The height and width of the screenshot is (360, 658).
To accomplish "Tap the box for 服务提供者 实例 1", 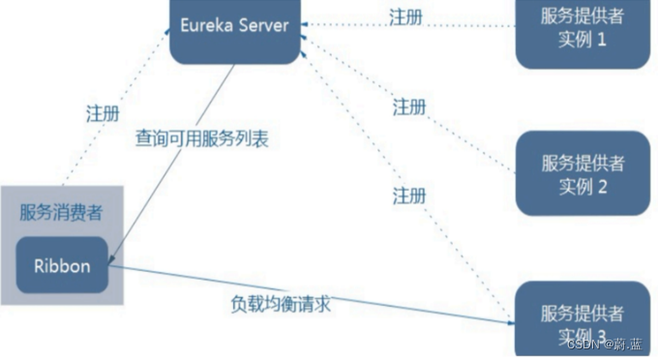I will coord(582,31).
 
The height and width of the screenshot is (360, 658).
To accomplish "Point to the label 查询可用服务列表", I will coord(201,138).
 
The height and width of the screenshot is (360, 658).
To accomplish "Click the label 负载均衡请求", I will coord(280,303).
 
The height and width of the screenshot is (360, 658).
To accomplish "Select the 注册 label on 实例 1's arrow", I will coord(405,16).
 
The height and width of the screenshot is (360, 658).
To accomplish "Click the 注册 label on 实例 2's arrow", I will coord(409,106).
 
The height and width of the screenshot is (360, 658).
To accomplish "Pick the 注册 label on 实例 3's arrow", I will coord(409,195).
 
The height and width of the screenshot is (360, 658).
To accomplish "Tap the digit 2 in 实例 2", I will coord(601,187).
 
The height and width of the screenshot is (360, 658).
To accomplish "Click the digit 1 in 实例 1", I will coord(601,43).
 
